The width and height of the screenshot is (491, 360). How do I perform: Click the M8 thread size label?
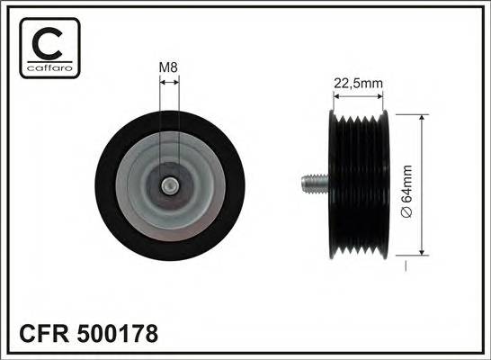coord(169,66)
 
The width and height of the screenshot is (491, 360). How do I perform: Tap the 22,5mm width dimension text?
coord(358,84)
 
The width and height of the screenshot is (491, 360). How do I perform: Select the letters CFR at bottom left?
coord(40,335)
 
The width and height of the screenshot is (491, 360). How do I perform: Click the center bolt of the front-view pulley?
coord(169,186)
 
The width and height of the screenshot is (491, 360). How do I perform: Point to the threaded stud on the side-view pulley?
coord(310,186)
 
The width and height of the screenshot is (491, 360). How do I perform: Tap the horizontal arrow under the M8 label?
coord(169,81)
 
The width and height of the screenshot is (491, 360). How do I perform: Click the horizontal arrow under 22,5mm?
coord(358,97)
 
